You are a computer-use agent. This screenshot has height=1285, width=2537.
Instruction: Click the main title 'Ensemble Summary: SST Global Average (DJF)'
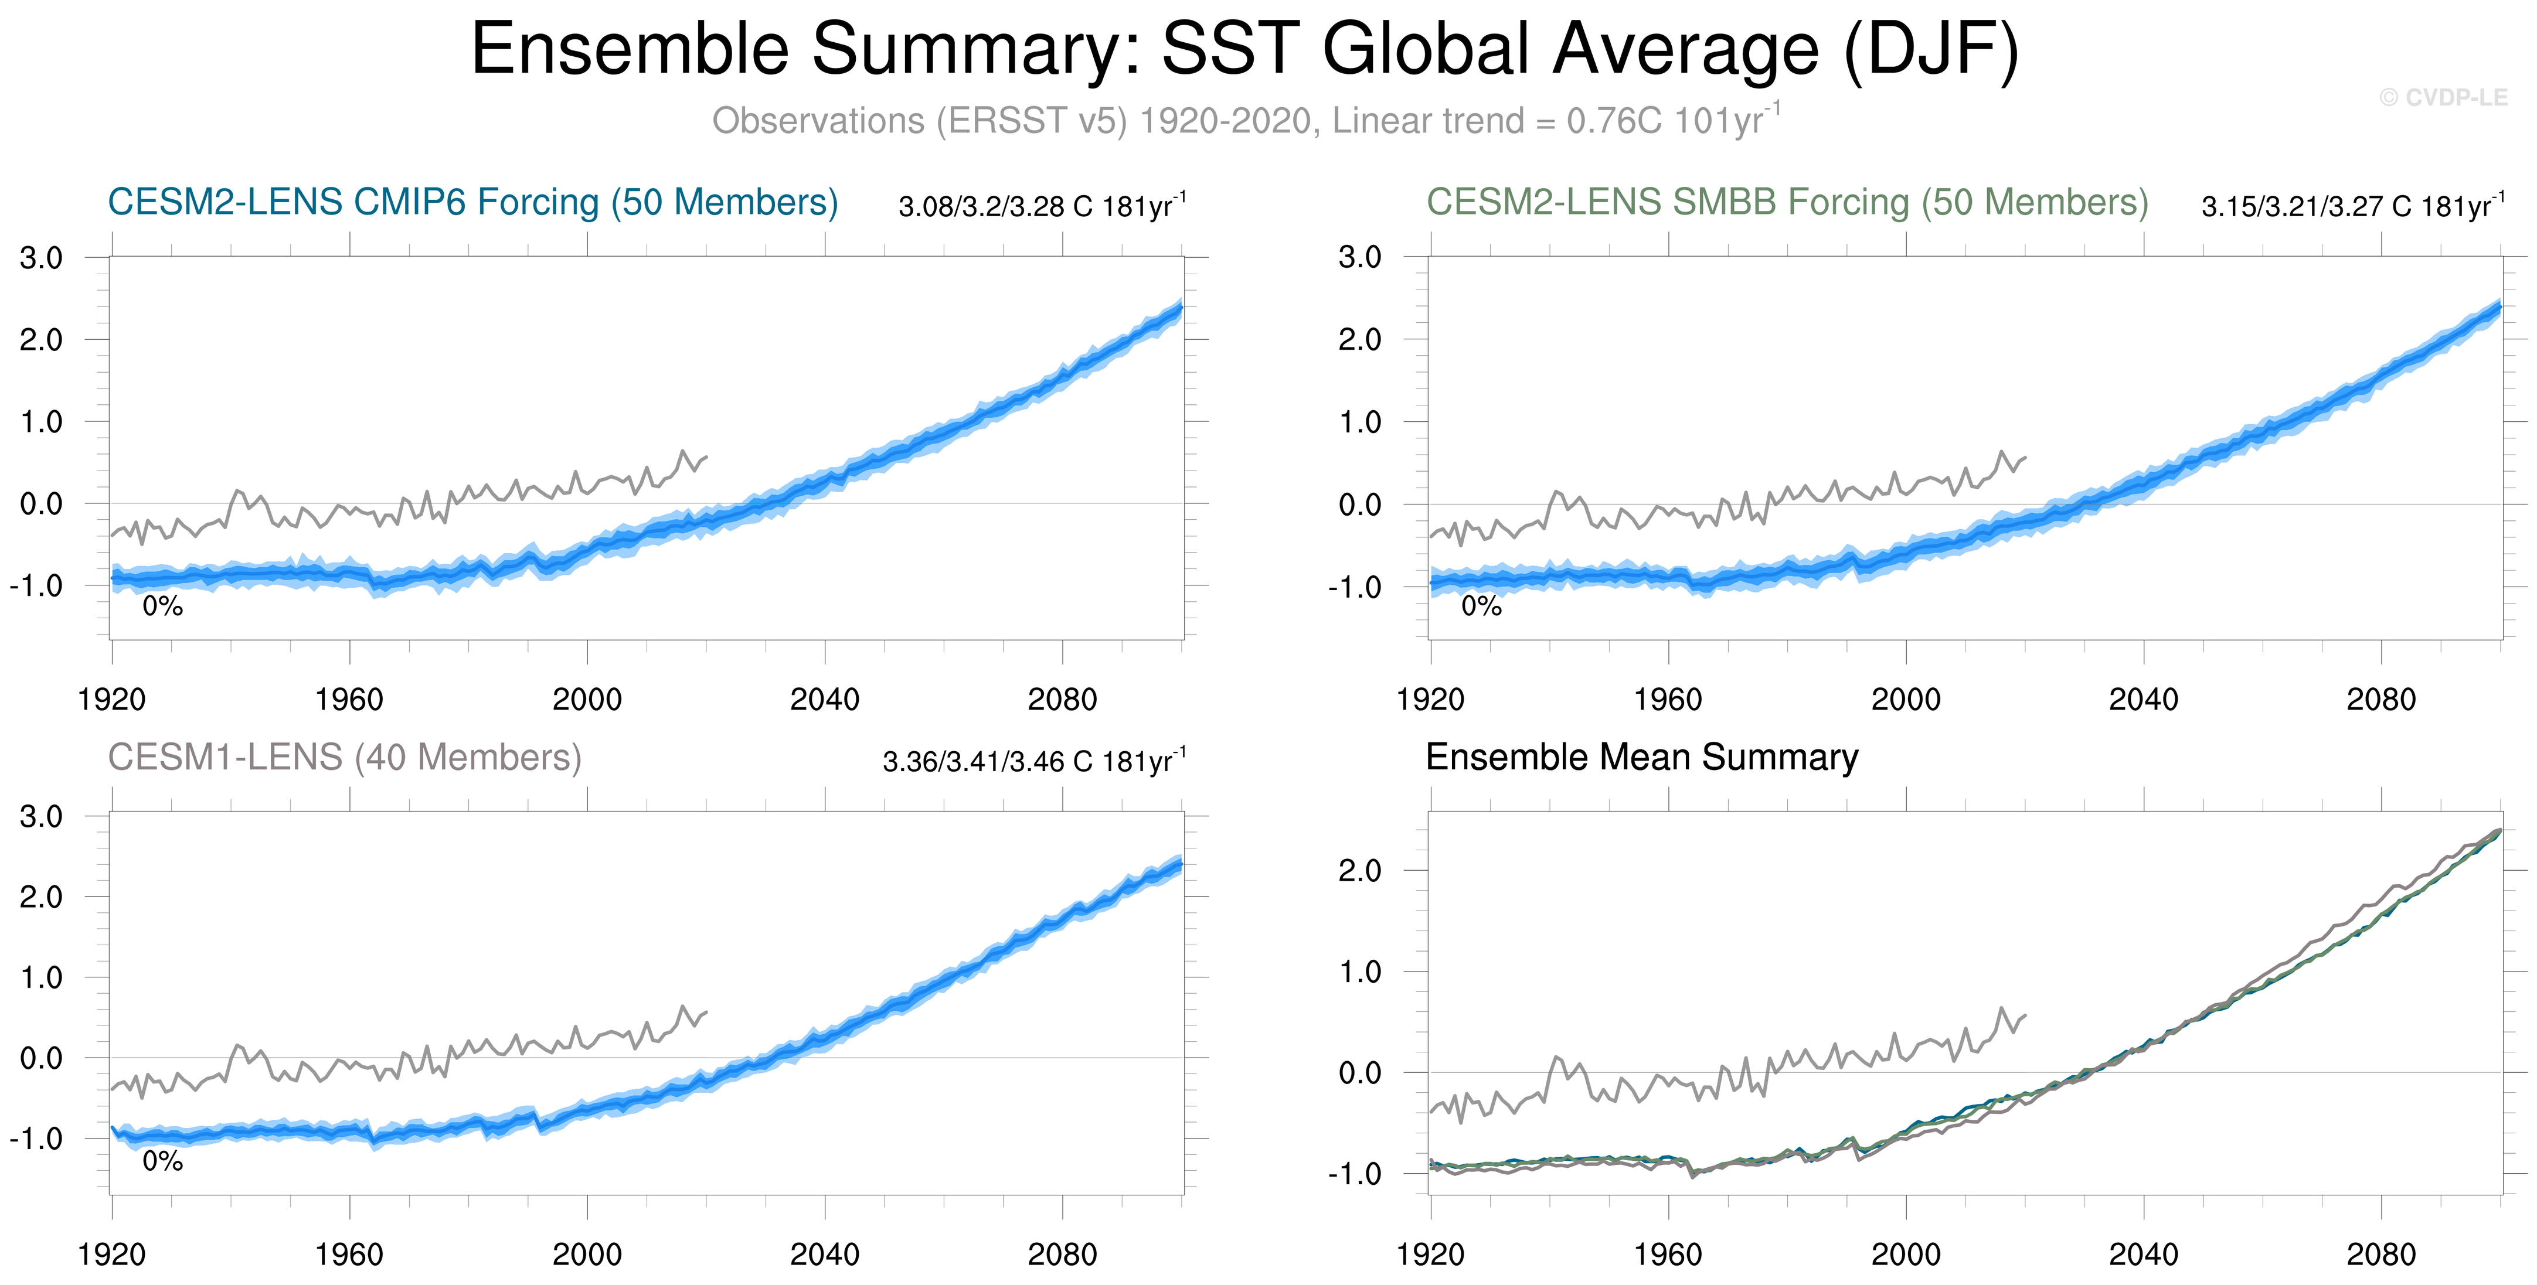pos(1245,49)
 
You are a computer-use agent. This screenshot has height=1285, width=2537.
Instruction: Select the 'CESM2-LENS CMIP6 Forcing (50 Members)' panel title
pos(472,202)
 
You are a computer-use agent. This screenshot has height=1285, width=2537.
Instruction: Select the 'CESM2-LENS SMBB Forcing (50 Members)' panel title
pos(1787,202)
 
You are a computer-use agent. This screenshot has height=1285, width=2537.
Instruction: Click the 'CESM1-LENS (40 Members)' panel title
pos(345,757)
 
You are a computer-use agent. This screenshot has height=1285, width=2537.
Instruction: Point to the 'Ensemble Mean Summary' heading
pos(1642,757)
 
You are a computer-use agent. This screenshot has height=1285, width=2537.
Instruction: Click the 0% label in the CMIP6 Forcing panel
pos(162,606)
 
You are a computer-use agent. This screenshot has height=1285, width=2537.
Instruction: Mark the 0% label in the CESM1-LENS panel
pos(162,1162)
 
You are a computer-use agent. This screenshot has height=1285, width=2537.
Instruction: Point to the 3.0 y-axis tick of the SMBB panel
pos(1359,258)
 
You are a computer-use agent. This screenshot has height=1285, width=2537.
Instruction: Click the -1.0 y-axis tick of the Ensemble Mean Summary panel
pos(1354,1175)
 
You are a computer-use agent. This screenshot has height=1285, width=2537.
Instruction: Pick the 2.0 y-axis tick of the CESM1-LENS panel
pos(42,897)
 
